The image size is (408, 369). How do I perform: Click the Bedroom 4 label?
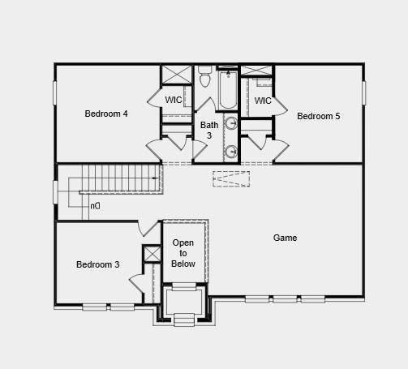click(106, 114)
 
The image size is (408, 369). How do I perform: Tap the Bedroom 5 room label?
click(318, 116)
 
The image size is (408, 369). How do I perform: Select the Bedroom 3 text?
click(98, 264)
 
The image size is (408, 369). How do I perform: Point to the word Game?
click(285, 238)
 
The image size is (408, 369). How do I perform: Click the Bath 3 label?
click(209, 130)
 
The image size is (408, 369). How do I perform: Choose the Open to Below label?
click(183, 253)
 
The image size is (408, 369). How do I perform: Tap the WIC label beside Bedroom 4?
click(174, 100)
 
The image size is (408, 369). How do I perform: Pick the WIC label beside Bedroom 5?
click(262, 101)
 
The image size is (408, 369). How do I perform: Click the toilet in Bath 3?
click(205, 78)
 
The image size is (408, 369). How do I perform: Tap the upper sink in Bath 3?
click(230, 124)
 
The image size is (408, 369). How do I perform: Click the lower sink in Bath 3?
click(230, 151)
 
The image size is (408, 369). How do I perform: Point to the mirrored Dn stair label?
click(95, 206)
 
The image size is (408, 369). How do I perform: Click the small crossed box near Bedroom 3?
click(152, 253)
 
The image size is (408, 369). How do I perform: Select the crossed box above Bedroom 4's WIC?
click(176, 75)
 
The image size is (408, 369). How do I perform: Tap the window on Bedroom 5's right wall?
click(363, 92)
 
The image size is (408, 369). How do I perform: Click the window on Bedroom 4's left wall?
click(55, 92)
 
